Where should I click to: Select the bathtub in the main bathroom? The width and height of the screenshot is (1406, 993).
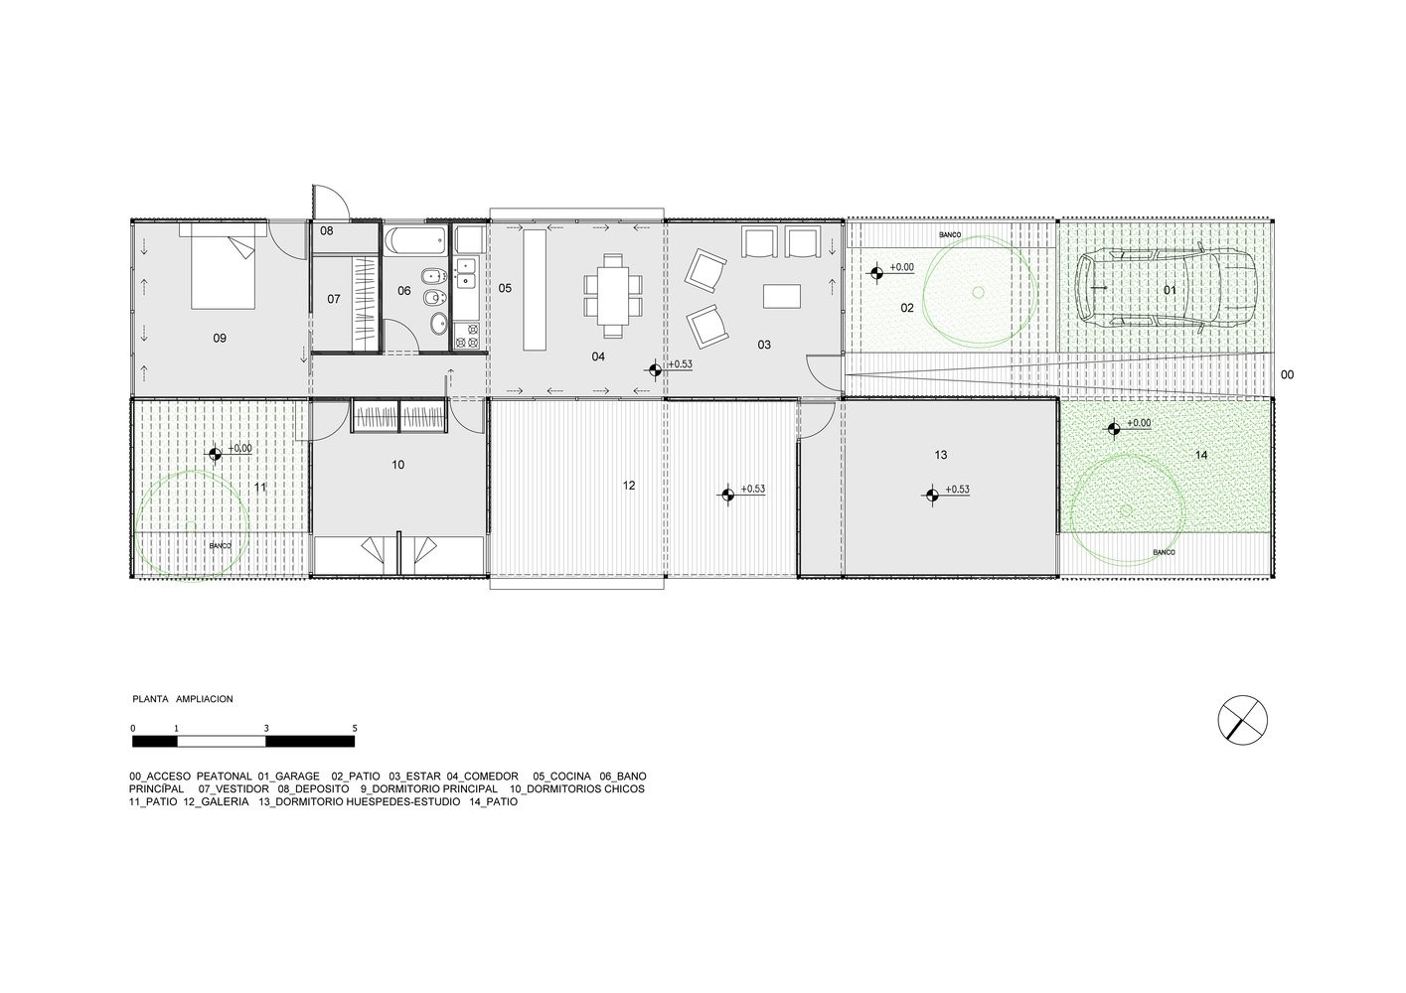click(415, 241)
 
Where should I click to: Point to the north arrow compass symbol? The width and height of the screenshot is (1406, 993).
click(1242, 720)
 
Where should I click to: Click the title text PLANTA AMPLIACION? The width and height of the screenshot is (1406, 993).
click(183, 699)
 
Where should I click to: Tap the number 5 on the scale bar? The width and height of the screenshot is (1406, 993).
click(355, 728)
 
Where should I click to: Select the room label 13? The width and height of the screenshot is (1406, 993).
click(940, 455)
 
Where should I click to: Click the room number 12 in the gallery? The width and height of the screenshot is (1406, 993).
click(629, 486)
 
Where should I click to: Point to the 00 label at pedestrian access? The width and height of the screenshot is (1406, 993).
click(1288, 375)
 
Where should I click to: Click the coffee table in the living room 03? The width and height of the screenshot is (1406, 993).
click(781, 296)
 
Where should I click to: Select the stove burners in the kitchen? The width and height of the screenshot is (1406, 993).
click(466, 335)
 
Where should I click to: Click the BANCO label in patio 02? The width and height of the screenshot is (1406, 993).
click(950, 235)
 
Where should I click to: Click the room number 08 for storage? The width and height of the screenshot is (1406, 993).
click(326, 230)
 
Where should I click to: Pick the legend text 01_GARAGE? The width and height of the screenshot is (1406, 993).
click(288, 776)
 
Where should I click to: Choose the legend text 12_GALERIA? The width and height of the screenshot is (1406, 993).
click(216, 801)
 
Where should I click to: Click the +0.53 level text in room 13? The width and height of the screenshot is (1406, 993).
click(957, 490)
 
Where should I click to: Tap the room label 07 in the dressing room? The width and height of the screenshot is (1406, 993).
click(333, 299)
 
